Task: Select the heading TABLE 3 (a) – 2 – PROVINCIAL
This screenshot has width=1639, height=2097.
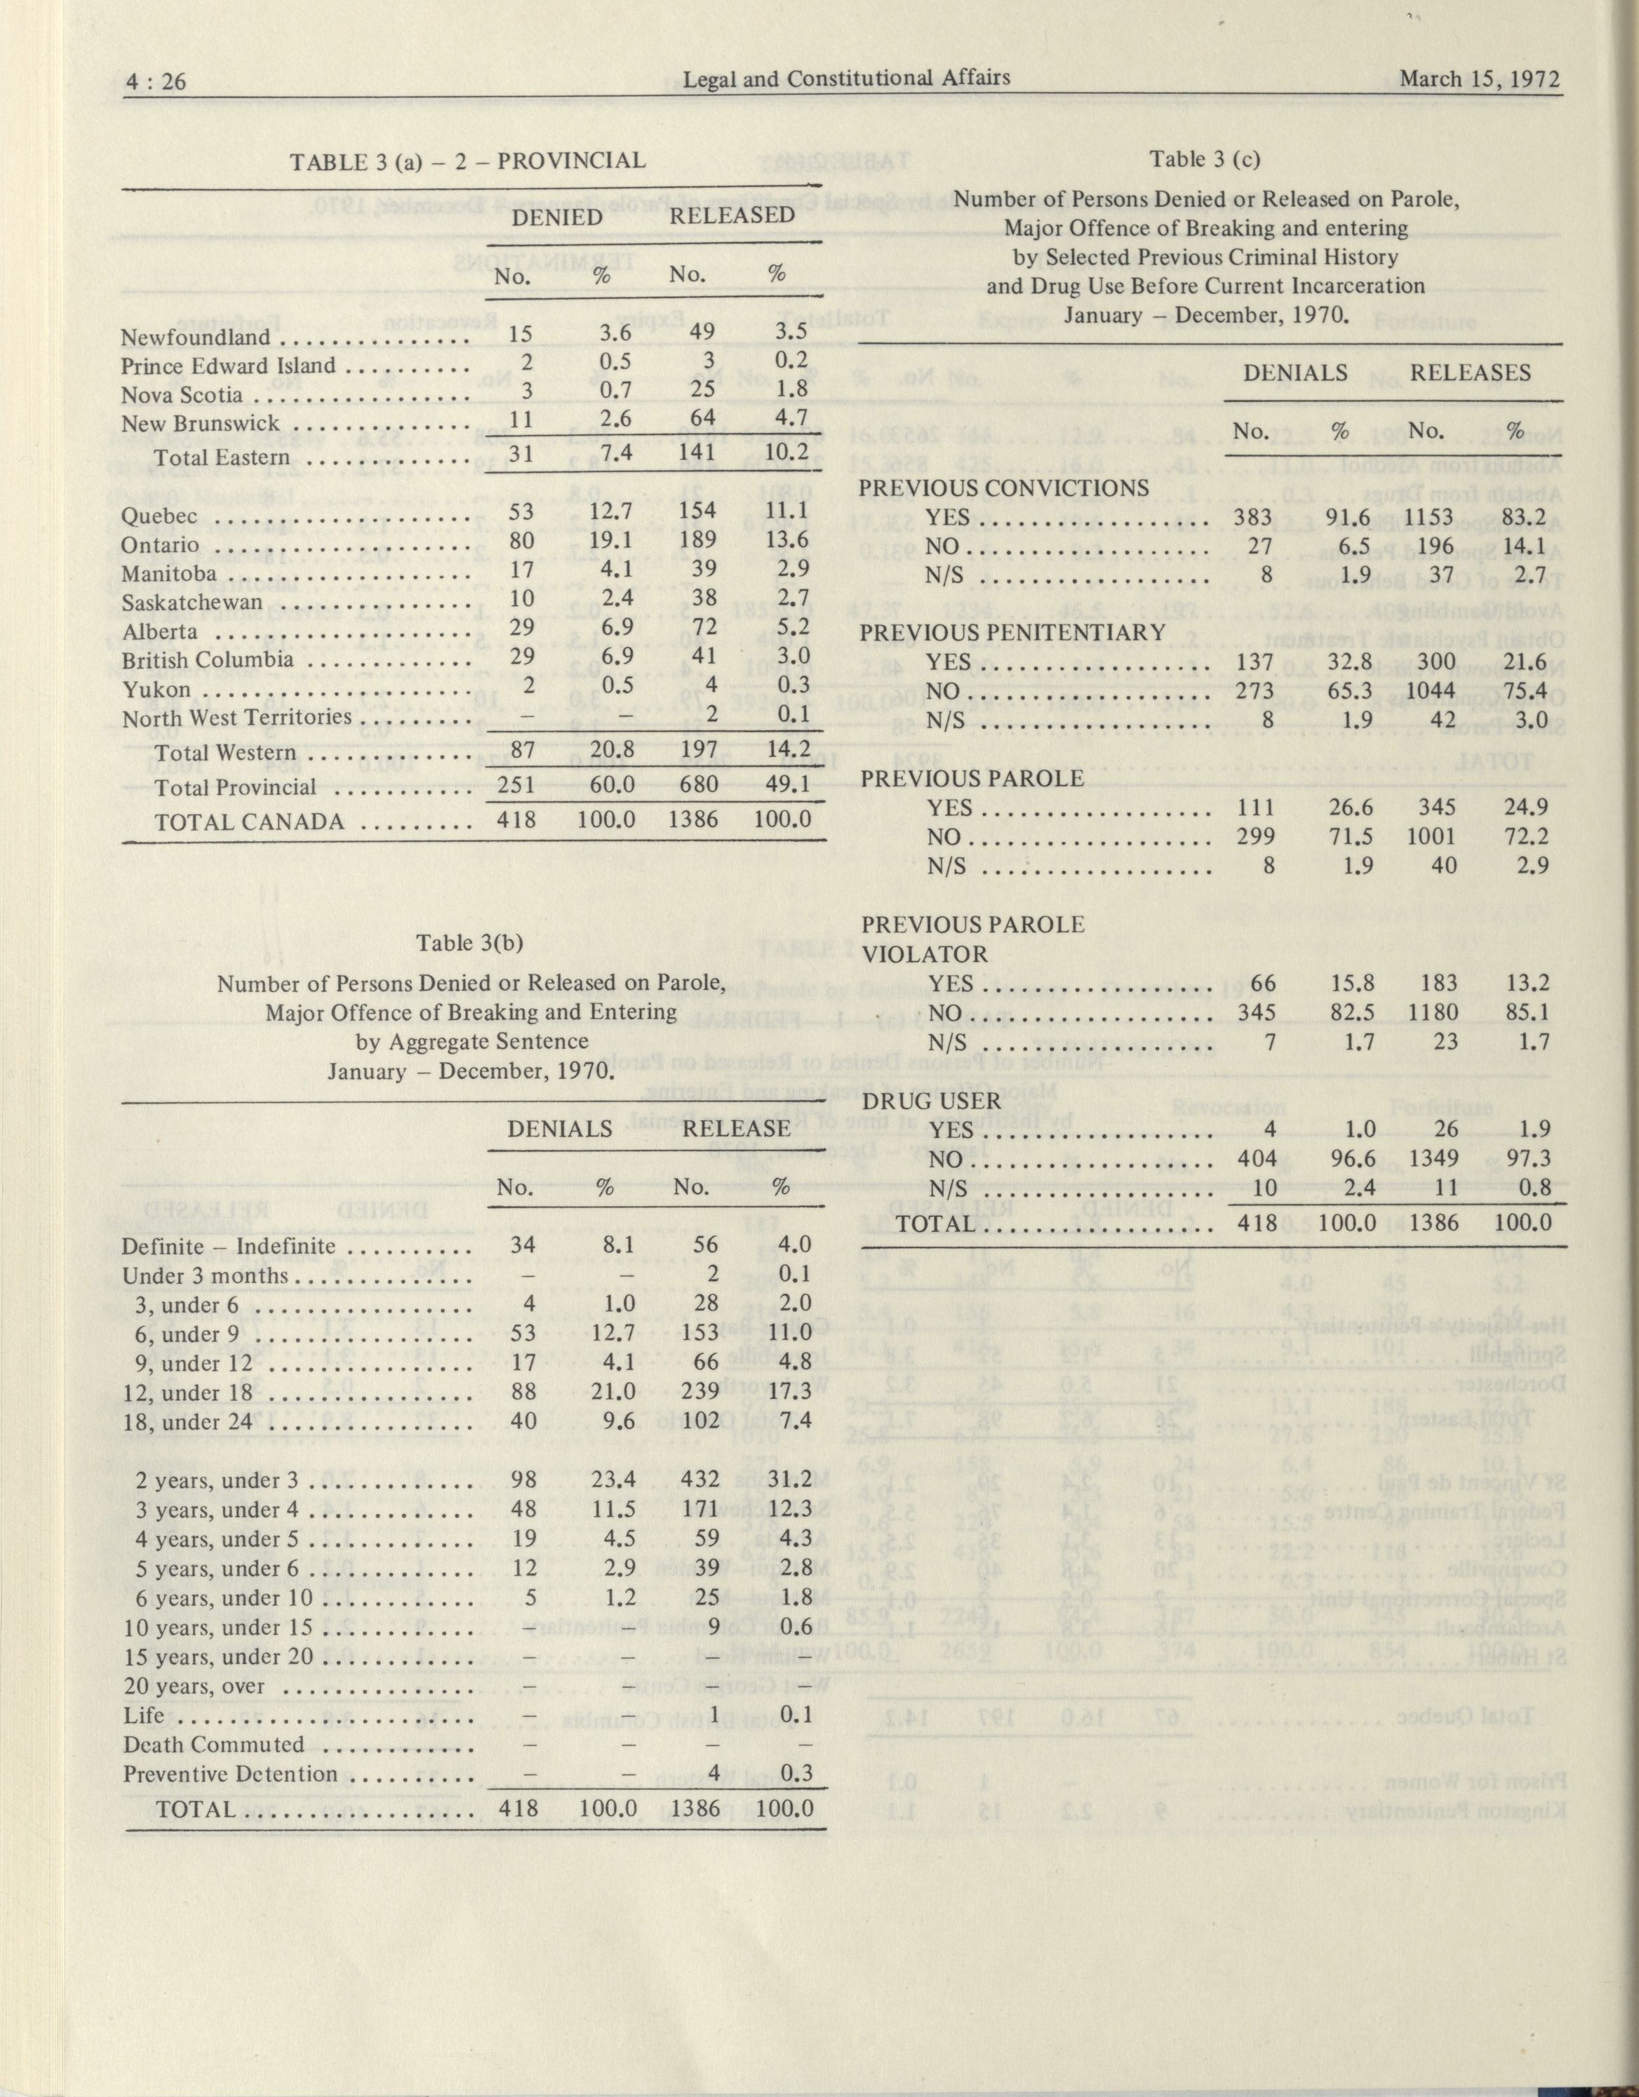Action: [469, 161]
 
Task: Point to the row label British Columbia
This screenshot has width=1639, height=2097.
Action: [208, 661]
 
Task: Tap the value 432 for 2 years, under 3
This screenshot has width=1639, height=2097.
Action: [698, 1480]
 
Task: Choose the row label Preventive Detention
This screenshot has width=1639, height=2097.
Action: [230, 1774]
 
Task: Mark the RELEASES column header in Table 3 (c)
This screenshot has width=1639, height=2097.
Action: [1470, 373]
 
